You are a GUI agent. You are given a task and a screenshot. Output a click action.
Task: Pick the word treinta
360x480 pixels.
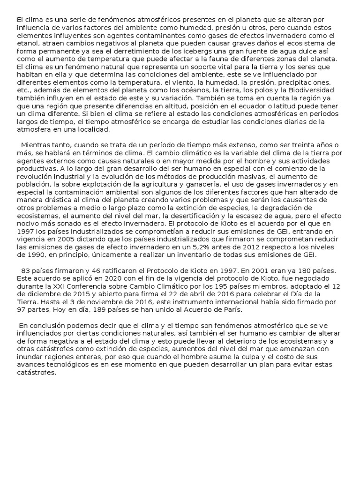pyautogui.click(x=305, y=145)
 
